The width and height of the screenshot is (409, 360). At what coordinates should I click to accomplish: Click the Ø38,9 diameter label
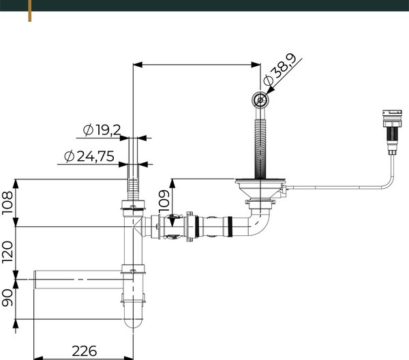pos(280,70)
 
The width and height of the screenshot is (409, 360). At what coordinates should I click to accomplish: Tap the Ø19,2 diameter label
pos(102,130)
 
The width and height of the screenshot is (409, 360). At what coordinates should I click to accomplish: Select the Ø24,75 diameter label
pos(89,156)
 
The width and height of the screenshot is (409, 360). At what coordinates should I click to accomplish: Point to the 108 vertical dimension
pos(7,202)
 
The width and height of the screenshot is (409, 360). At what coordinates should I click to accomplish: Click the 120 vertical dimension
pos(7,252)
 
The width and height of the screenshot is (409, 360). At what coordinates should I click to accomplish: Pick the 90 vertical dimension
pos(7,297)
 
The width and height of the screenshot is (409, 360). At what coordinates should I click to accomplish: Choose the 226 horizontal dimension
pos(85,351)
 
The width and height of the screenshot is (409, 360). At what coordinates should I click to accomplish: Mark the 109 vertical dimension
pos(164,201)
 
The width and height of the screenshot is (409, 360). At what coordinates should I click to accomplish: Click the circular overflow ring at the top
pos(260,100)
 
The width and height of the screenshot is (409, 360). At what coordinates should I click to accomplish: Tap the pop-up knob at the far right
pos(392,132)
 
